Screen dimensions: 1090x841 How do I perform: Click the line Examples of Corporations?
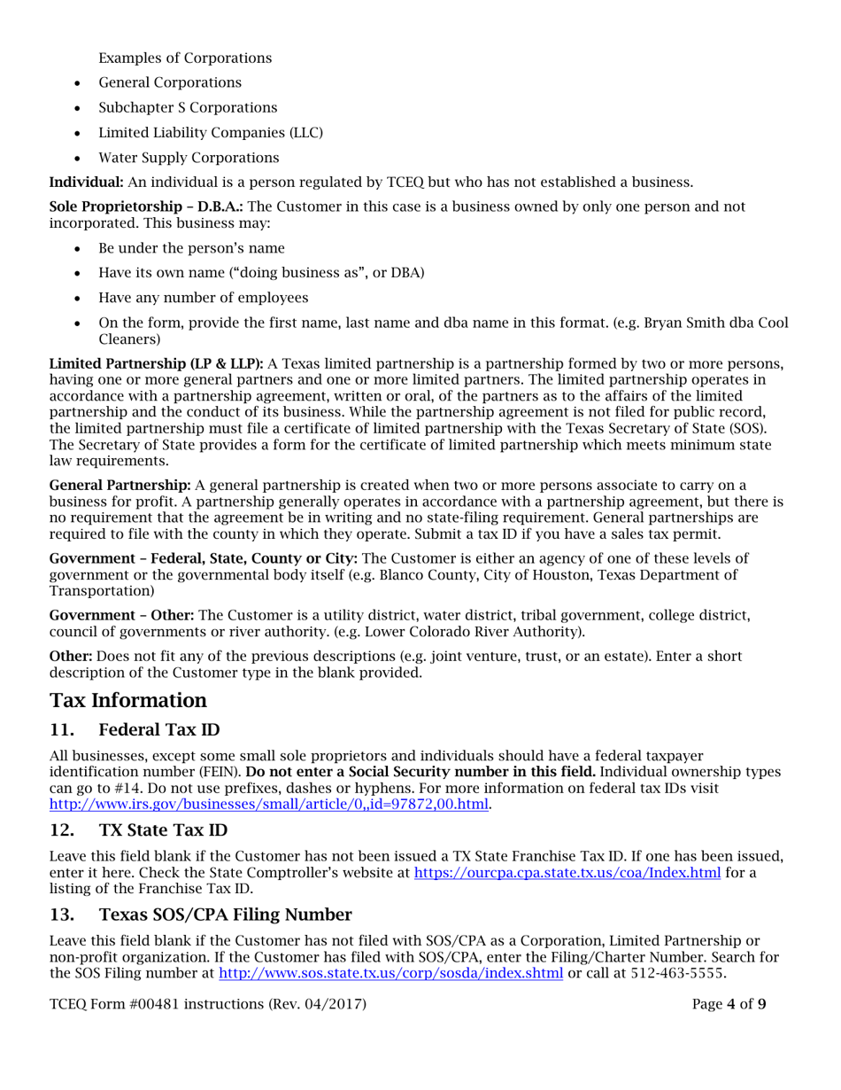pos(185,58)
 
